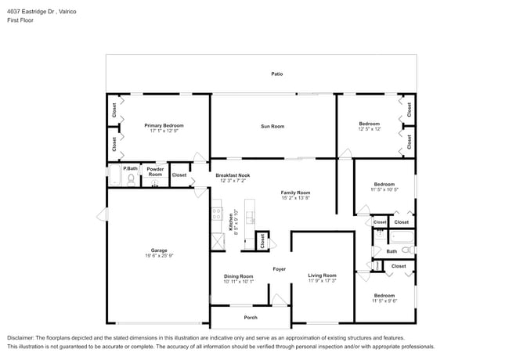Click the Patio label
click(x=276, y=74)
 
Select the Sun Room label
click(x=273, y=126)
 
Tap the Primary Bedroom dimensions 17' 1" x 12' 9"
click(x=164, y=131)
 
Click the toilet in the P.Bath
click(x=131, y=178)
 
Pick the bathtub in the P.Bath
click(x=114, y=176)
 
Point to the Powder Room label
click(x=155, y=171)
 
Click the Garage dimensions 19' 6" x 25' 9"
click(x=159, y=256)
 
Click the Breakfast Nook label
click(x=233, y=175)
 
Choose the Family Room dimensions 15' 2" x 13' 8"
click(x=295, y=198)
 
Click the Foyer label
click(x=279, y=269)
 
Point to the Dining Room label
click(x=239, y=275)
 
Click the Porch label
click(x=251, y=317)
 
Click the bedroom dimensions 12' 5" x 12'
click(x=369, y=129)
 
